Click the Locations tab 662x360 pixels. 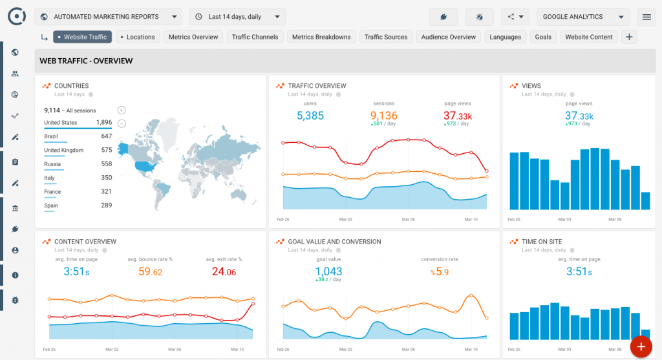pos(138,37)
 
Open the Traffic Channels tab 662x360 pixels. pos(255,37)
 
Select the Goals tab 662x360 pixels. pos(543,37)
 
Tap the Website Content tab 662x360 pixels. pos(588,37)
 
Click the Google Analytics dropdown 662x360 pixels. pos(582,17)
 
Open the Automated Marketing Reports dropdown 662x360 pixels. pos(108,17)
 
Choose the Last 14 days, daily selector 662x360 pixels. pos(237,17)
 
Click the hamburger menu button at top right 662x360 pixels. pos(646,17)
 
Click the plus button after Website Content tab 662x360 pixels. pos(629,37)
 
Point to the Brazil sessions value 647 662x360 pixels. pos(106,136)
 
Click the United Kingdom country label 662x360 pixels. pos(64,150)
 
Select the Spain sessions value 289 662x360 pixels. pos(106,206)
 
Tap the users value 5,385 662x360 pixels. pos(310,116)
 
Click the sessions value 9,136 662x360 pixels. pos(383,116)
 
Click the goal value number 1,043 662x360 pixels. pos(328,272)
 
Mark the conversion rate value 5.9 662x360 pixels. pos(439,272)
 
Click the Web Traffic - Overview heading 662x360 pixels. pos(86,61)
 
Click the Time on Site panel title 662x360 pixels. pos(542,242)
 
